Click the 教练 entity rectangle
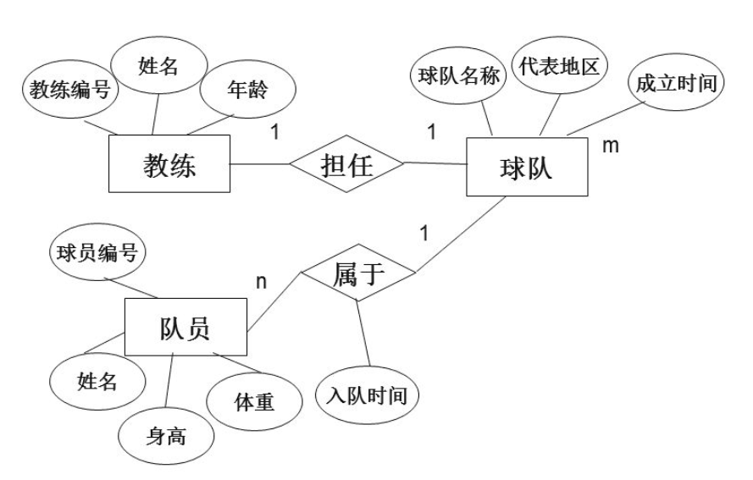pyautogui.click(x=169, y=166)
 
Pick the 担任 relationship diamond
pyautogui.click(x=346, y=164)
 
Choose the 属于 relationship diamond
pyautogui.click(x=359, y=274)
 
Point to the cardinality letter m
pyautogui.click(x=610, y=146)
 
